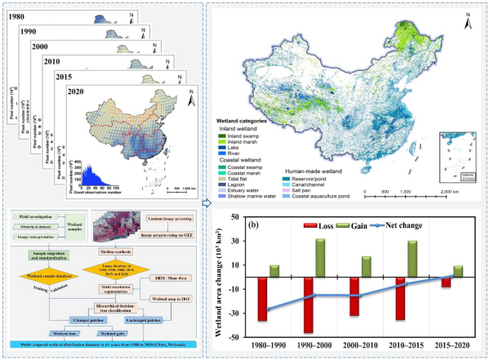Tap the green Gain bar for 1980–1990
coord(274,271)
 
